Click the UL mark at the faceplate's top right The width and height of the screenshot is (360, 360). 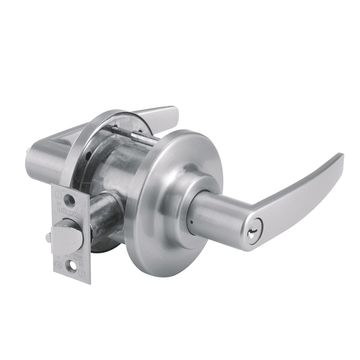[x=81, y=202]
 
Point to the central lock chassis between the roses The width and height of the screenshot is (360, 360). [x=120, y=167]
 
